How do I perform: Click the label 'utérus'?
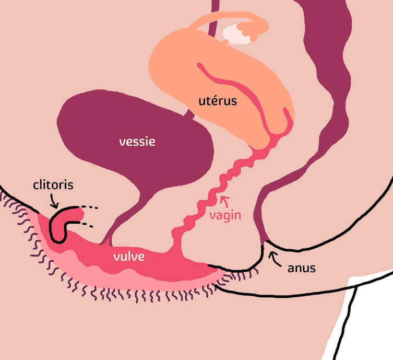218,100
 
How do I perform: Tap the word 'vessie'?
137,141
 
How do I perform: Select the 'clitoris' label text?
53,184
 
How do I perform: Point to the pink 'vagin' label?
225,215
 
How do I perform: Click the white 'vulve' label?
129,257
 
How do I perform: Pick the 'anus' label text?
302,269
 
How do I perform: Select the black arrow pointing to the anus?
273,257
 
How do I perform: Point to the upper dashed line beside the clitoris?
92,208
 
